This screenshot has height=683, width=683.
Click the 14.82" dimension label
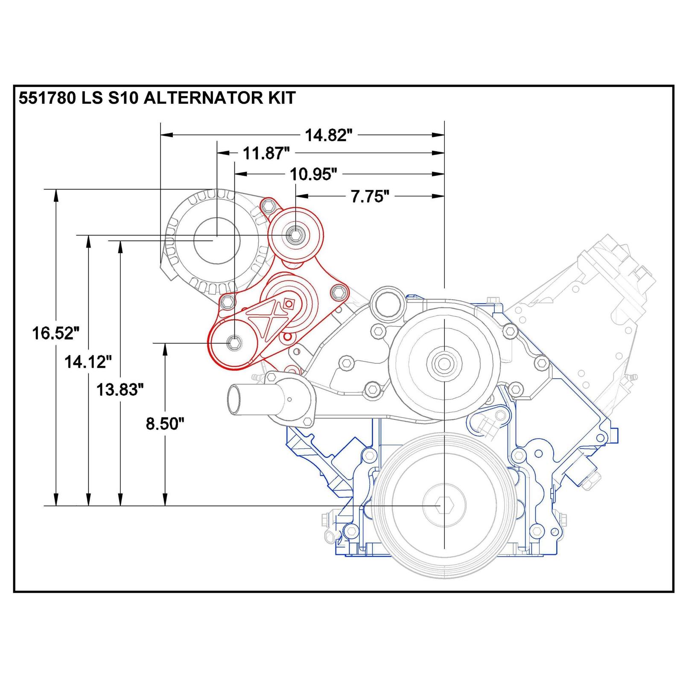click(328, 135)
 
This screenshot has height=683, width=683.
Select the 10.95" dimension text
click(313, 174)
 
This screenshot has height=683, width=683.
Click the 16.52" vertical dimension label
click(56, 333)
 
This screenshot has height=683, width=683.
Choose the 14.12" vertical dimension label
click(88, 362)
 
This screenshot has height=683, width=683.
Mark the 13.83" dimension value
click(120, 389)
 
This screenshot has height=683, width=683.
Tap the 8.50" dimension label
click(165, 423)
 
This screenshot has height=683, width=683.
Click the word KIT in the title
click(280, 98)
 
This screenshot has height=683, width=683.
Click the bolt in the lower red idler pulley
click(234, 342)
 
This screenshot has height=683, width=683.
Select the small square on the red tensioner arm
click(289, 304)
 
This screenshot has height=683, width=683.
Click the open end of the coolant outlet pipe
click(234, 399)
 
